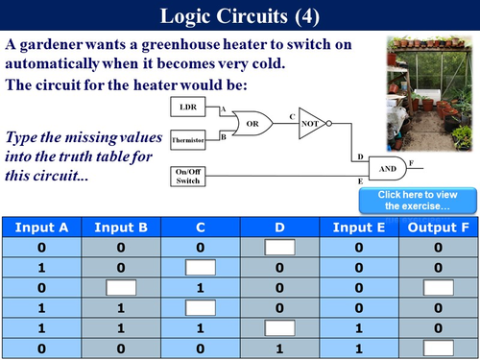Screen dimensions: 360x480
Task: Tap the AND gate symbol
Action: point(389,167)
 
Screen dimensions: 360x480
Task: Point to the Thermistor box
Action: point(188,140)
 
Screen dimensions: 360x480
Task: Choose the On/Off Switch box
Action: point(188,177)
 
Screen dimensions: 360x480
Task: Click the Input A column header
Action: point(40,228)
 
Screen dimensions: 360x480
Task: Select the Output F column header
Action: point(438,228)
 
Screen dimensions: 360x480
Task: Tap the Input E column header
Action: point(358,228)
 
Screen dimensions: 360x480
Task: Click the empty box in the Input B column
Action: point(120,287)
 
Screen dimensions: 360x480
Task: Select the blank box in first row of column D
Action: point(279,248)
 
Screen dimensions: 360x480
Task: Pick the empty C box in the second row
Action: point(200,268)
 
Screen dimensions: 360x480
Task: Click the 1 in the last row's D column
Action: point(279,347)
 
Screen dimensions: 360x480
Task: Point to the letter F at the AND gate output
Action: point(412,160)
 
